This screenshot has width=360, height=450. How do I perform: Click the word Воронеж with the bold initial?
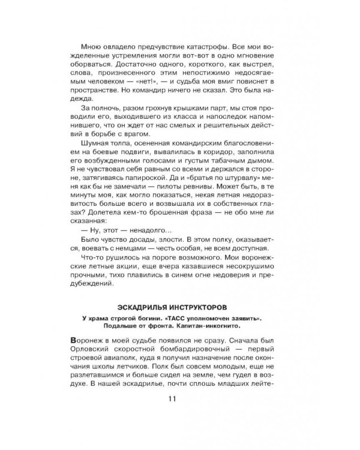tap(88, 341)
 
